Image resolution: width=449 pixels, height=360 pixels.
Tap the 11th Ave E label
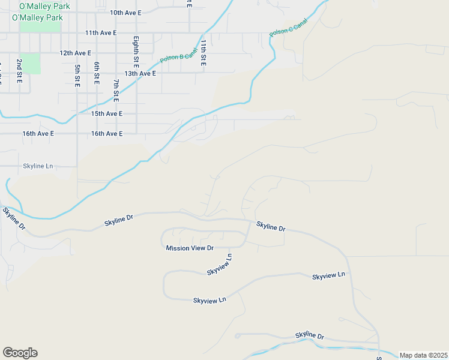(101, 33)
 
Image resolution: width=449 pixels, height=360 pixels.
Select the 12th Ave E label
(75, 53)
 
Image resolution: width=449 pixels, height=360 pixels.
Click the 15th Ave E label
(106, 113)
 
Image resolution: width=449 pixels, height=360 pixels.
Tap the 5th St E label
(77, 76)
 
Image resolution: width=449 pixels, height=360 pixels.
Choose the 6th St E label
(97, 73)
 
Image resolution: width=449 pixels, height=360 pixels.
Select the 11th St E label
(203, 53)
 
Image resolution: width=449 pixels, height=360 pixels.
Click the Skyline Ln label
(38, 166)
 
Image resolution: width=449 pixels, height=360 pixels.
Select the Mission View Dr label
(190, 248)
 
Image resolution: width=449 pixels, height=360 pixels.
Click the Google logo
(20, 353)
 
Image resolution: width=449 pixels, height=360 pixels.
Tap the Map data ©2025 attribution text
(423, 355)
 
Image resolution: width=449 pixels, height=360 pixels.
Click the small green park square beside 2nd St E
(31, 64)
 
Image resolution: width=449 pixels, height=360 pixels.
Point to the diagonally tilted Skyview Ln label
(219, 265)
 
